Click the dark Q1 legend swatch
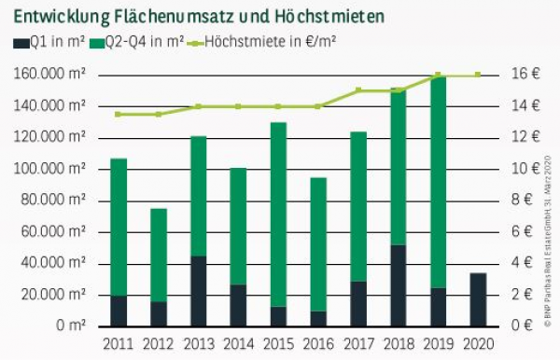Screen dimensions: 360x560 click(20, 42)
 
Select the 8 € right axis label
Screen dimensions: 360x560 click(521, 201)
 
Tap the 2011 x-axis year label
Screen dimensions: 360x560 click(119, 344)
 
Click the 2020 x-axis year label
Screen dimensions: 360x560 click(477, 344)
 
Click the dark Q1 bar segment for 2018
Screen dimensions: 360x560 click(398, 284)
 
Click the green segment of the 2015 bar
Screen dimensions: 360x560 click(278, 215)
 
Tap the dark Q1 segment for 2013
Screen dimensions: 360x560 click(198, 290)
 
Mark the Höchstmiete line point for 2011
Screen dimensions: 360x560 click(119, 114)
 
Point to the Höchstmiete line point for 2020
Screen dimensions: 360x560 click(477, 75)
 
